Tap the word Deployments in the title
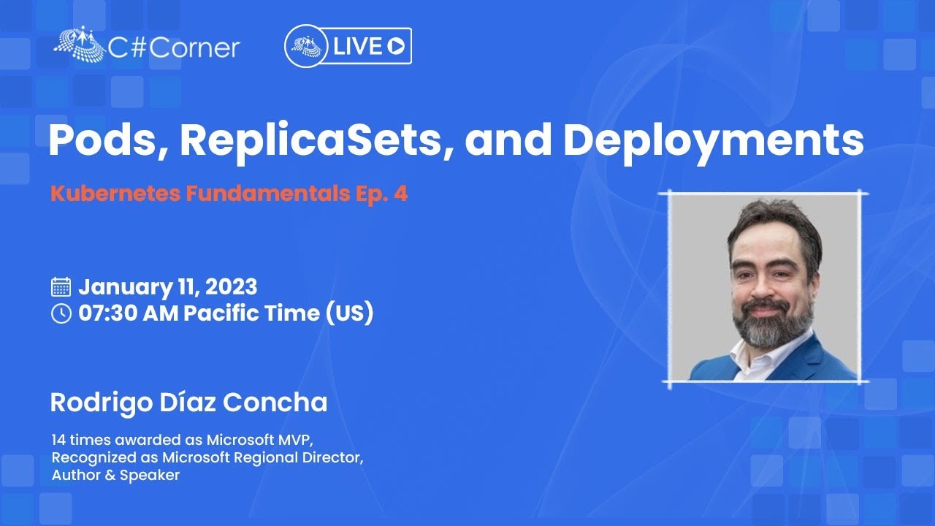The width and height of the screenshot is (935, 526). (x=714, y=142)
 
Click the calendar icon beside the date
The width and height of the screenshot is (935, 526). (x=61, y=287)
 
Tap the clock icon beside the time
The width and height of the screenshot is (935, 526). (x=61, y=313)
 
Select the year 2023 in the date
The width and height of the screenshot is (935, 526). (x=231, y=287)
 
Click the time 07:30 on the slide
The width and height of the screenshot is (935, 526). (x=107, y=313)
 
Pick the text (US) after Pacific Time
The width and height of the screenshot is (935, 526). (x=349, y=313)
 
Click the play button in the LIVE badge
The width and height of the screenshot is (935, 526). (x=396, y=46)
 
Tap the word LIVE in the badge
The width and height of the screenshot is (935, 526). (x=358, y=46)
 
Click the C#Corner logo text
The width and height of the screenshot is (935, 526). (x=174, y=48)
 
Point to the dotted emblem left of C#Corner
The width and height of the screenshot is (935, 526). (x=80, y=44)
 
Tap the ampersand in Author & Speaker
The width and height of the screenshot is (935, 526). (x=110, y=475)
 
